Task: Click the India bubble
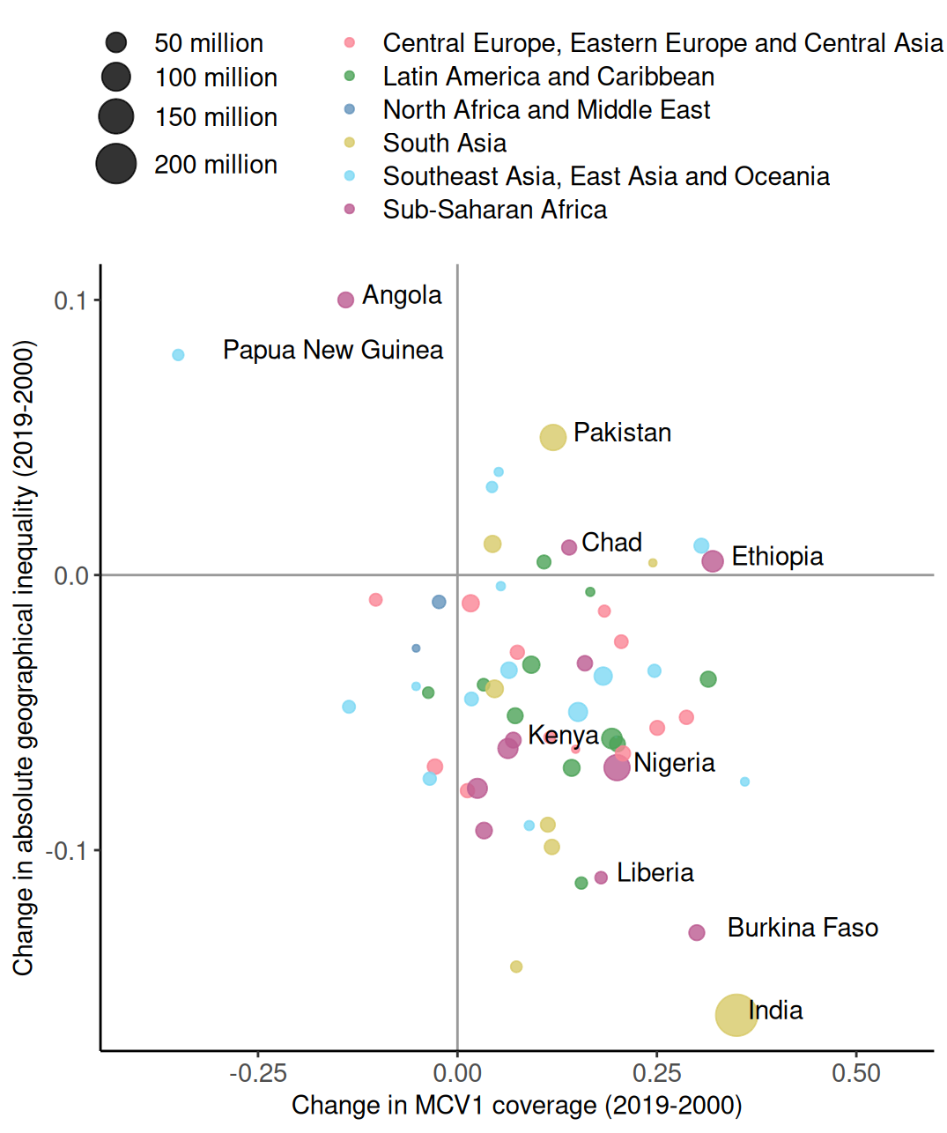pos(736,1014)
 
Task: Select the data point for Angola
pos(345,300)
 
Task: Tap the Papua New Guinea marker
pos(178,355)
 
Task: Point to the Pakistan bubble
pos(552,437)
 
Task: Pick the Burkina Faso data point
pos(697,932)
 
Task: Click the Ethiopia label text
pos(777,557)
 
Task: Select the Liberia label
pos(655,873)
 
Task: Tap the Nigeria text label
pos(674,763)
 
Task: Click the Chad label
pos(611,543)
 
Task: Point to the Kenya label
pos(563,735)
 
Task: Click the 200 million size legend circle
pos(116,164)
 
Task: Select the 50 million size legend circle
pos(116,42)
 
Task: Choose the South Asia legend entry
pos(444,143)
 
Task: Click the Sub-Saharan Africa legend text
pos(494,210)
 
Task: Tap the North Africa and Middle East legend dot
pos(350,109)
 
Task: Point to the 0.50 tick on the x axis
pos(855,1073)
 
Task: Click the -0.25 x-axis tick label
pos(257,1073)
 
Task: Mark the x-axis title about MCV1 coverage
pos(516,1106)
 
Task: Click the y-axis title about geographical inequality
pos(24,658)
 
